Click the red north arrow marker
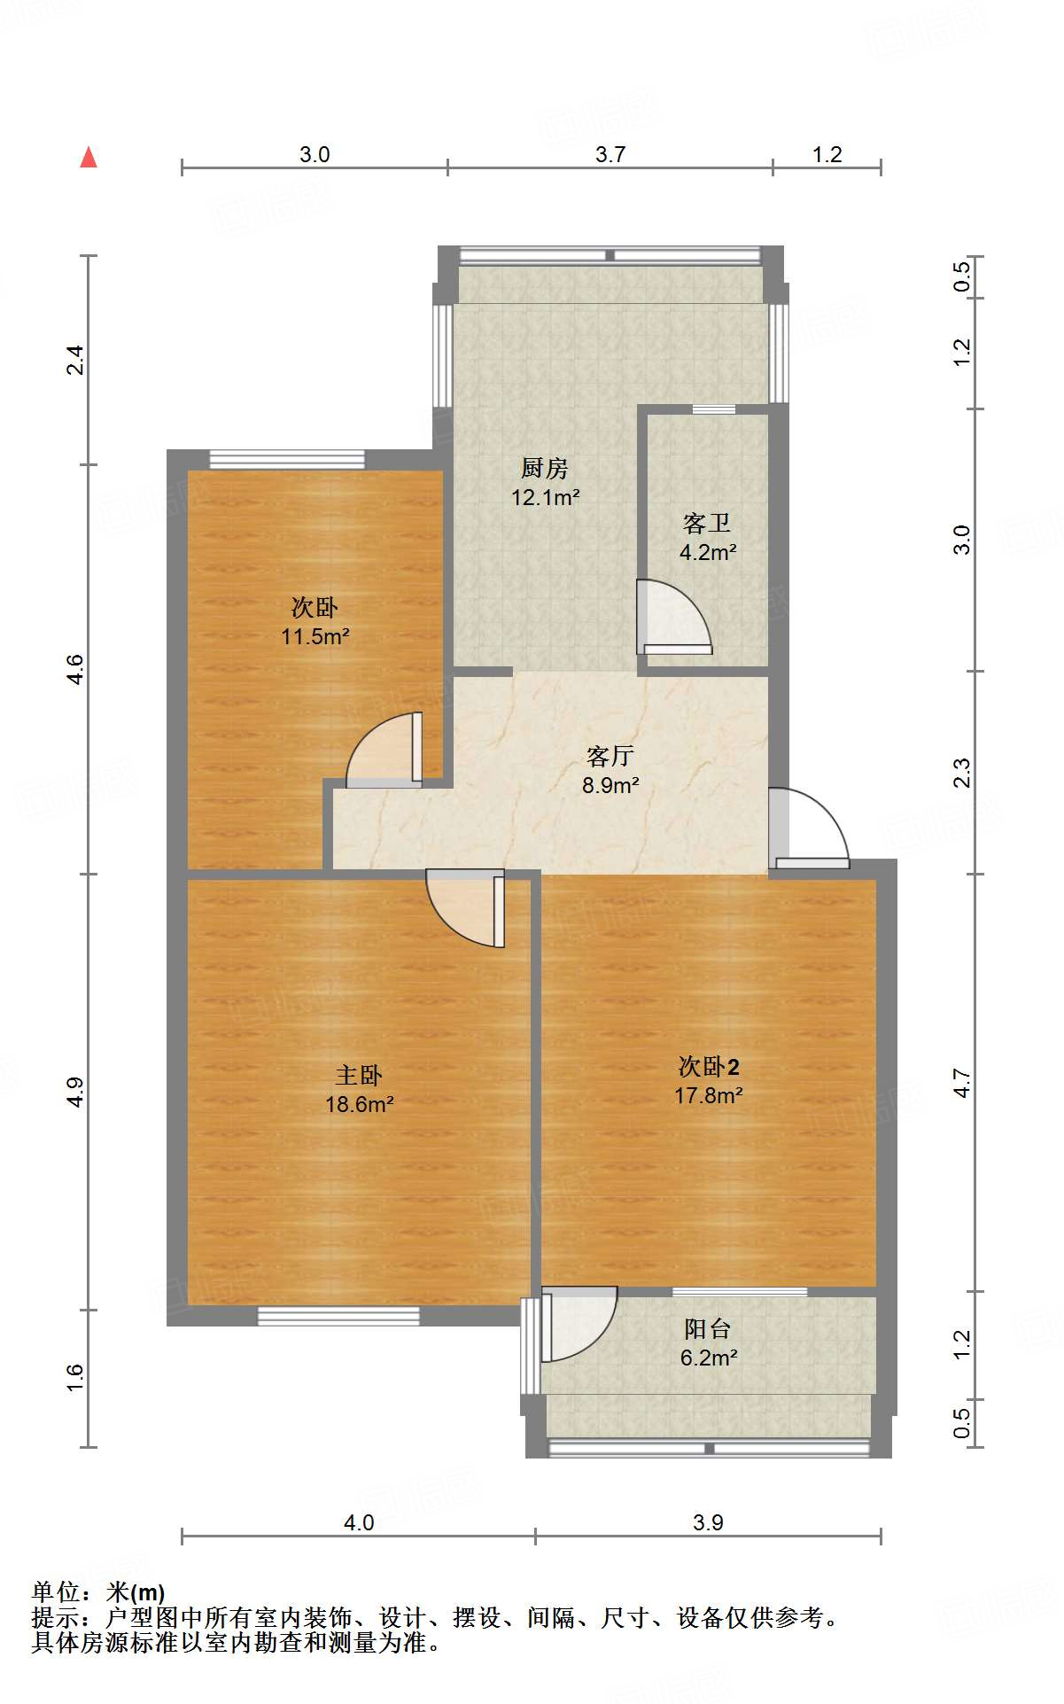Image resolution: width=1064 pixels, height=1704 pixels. pyautogui.click(x=89, y=158)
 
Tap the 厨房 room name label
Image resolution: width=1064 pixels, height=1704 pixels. pyautogui.click(x=544, y=468)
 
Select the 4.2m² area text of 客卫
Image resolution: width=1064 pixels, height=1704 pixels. pyautogui.click(x=708, y=553)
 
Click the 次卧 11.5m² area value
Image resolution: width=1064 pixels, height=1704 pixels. pyautogui.click(x=315, y=636)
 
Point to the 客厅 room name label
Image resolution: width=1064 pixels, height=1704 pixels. pyautogui.click(x=610, y=756)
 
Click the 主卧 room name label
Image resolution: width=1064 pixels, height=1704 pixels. pyautogui.click(x=359, y=1076)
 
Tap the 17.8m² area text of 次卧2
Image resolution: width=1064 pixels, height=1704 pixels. pyautogui.click(x=708, y=1096)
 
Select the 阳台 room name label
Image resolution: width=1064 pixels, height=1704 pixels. pyautogui.click(x=708, y=1329)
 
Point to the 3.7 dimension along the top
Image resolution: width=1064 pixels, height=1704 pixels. pyautogui.click(x=610, y=155)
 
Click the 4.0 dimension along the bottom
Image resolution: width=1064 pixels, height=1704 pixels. pyautogui.click(x=358, y=1522)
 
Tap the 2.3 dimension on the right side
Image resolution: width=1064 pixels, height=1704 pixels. pyautogui.click(x=962, y=773)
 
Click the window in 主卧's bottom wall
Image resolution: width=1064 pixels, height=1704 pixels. pyautogui.click(x=338, y=1316)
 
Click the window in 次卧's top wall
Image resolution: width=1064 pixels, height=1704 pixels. pyautogui.click(x=287, y=459)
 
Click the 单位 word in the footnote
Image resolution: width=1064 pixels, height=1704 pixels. pyautogui.click(x=54, y=1592)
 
